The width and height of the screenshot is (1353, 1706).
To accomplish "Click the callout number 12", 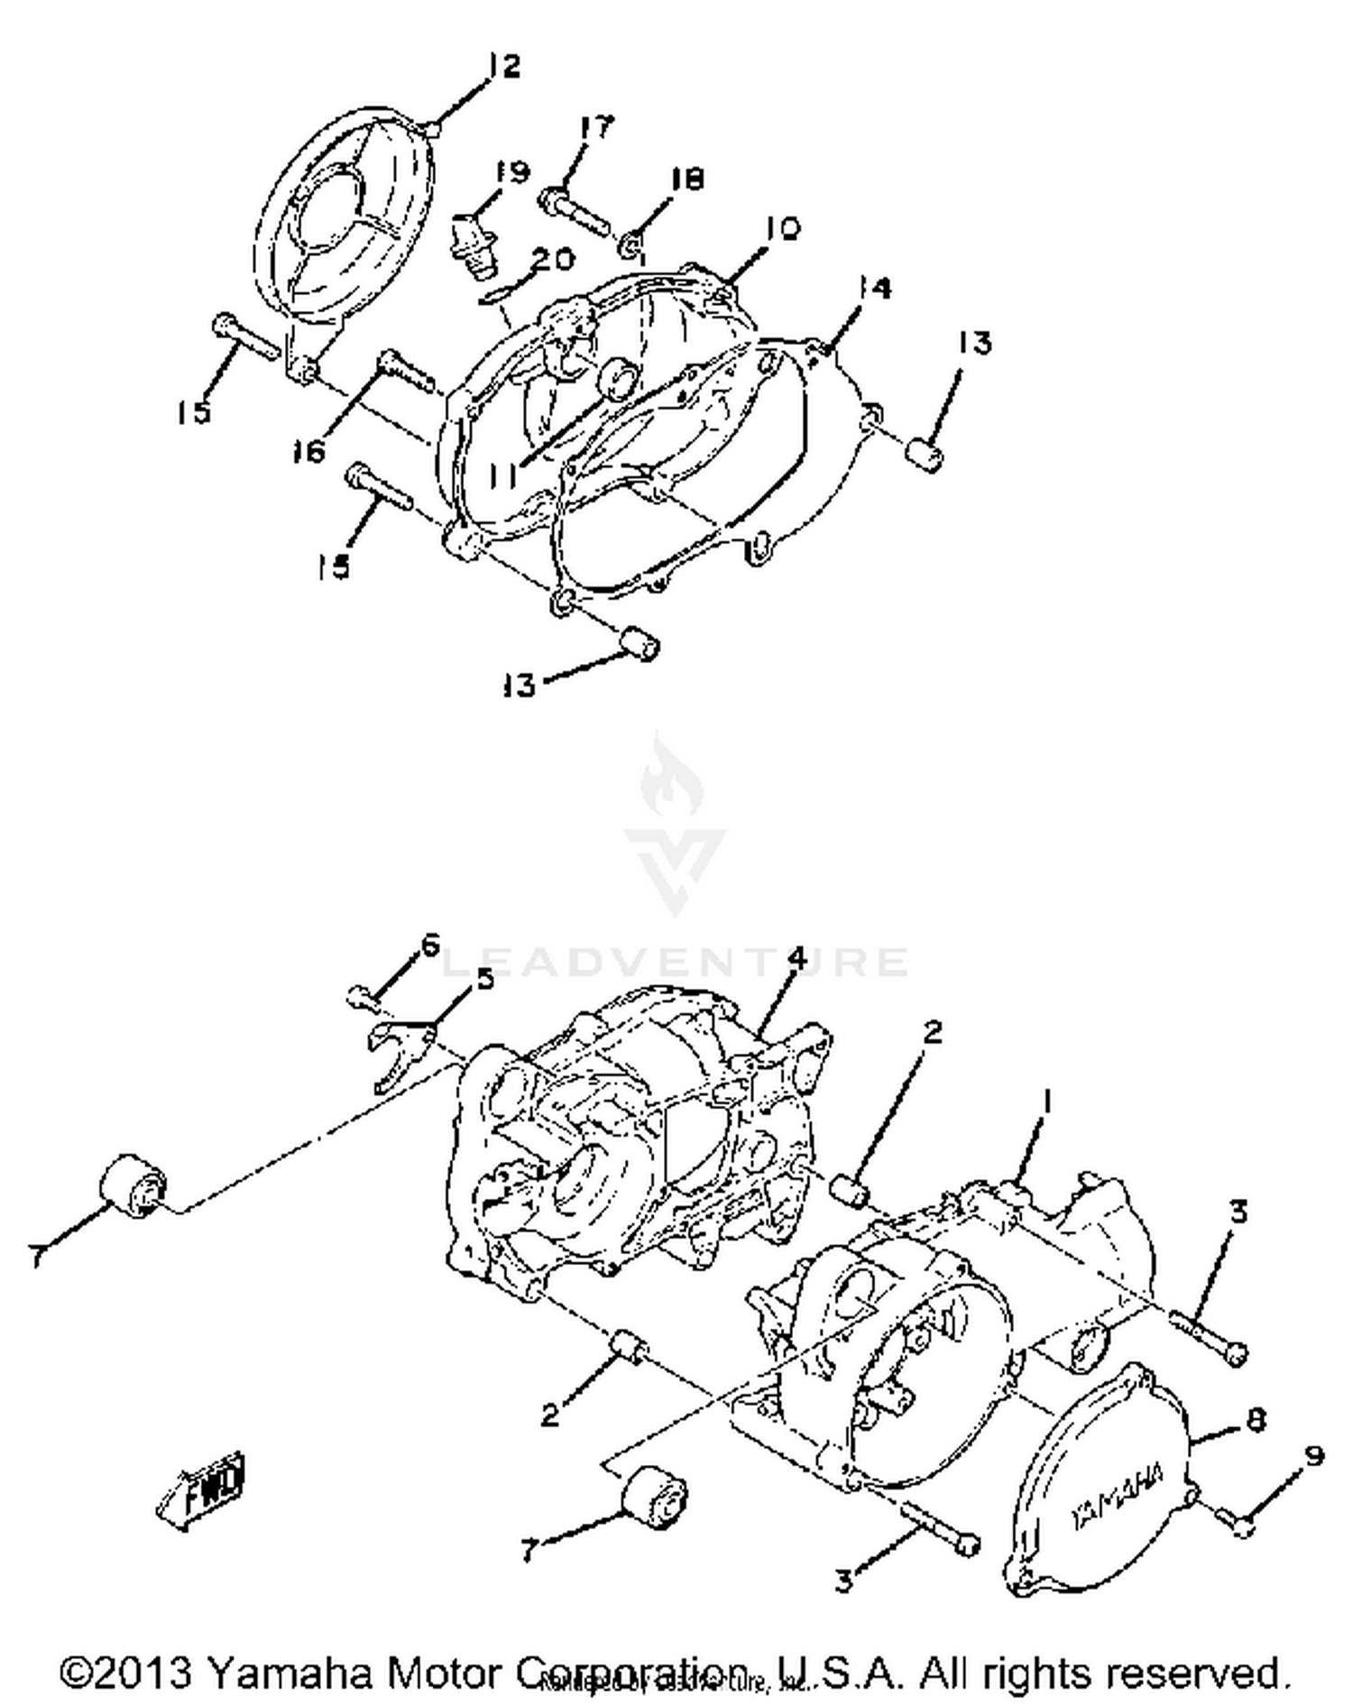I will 504,66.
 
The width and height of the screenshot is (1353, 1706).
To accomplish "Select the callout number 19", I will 512,171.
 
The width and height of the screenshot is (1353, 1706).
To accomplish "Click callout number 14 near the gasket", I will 873,289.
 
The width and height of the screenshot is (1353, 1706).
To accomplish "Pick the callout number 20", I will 552,260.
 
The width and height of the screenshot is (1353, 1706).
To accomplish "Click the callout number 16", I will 308,451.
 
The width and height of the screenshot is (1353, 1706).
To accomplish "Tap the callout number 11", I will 507,473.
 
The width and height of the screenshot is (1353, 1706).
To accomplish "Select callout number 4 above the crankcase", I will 797,959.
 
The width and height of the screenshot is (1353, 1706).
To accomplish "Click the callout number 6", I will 429,946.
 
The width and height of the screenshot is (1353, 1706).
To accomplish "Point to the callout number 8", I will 1255,1419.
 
